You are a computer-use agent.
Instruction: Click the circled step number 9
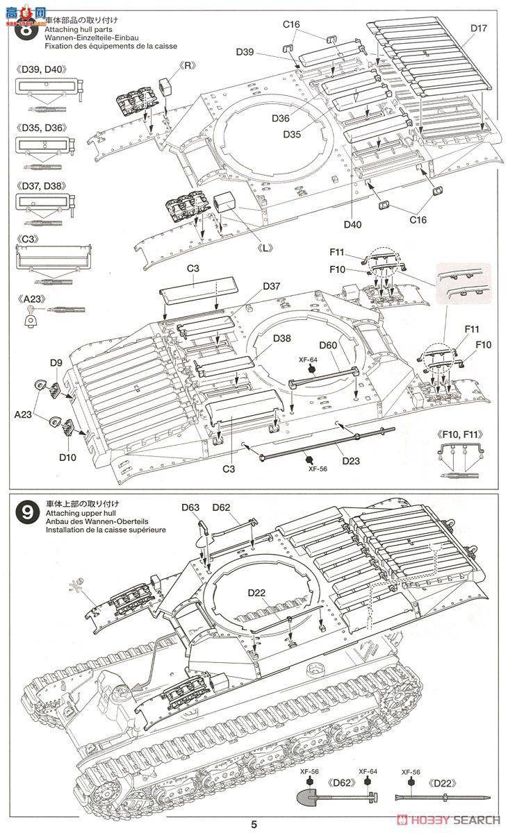[26, 514]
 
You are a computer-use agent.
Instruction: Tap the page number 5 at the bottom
[254, 824]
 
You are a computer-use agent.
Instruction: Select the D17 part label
[479, 28]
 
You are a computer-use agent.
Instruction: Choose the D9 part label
[56, 362]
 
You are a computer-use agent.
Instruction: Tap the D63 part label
[192, 508]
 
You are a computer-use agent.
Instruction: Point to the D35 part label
[292, 134]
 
